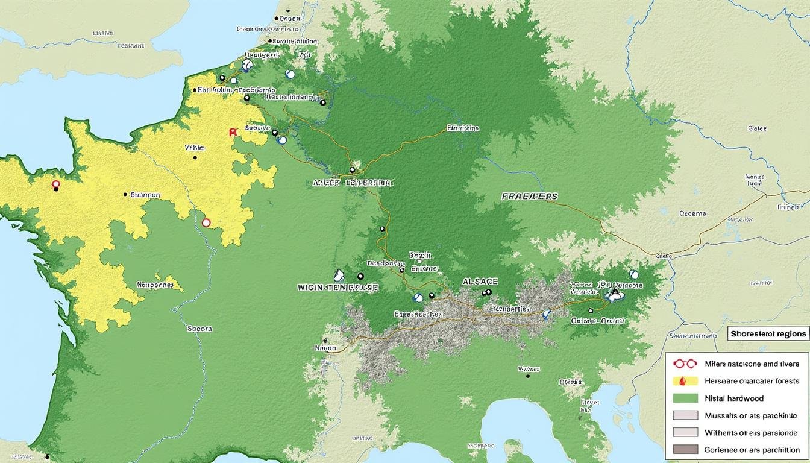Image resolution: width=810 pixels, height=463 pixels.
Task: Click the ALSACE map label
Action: pos(480,282)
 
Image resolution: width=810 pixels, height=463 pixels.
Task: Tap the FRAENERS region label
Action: pos(529,197)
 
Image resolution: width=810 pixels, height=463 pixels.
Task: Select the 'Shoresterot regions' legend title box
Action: pos(768,333)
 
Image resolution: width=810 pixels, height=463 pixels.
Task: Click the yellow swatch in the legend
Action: pos(684,381)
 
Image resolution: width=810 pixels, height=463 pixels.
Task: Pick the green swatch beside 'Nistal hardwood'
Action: pos(684,398)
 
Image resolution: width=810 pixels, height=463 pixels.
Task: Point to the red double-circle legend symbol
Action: pos(684,364)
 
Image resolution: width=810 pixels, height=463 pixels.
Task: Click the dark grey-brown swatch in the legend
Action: pos(684,449)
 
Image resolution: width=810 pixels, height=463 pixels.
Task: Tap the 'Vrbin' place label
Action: pos(195,148)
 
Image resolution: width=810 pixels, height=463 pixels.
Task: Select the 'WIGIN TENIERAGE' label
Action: pos(338,288)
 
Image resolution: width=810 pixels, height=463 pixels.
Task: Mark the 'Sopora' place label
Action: pos(199,329)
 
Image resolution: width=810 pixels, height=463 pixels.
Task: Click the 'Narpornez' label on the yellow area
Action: pos(155,285)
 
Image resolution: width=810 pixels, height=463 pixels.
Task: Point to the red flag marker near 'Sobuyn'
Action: pos(232,131)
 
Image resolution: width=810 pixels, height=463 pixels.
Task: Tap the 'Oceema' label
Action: pos(692,213)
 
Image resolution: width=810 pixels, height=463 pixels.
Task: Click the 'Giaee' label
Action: pos(757,128)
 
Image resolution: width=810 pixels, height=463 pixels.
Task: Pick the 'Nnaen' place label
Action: pos(325,348)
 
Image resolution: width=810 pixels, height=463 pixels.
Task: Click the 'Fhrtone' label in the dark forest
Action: pos(463,128)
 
